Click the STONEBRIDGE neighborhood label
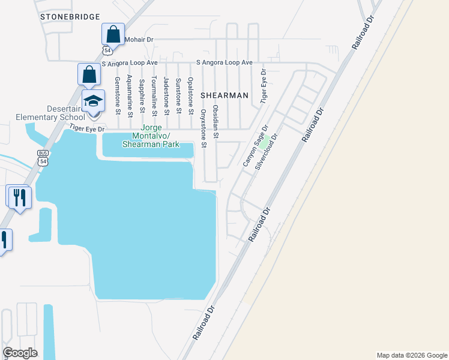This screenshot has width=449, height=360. tap(70, 17)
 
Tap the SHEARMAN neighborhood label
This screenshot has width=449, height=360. tap(224, 95)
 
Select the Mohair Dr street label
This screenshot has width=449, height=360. tap(139, 40)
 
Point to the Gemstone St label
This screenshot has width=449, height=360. tap(118, 95)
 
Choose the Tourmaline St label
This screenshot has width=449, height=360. tap(154, 96)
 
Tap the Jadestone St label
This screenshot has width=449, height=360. tap(166, 95)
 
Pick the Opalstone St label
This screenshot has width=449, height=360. tap(191, 96)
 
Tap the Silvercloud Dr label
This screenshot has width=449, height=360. tap(267, 152)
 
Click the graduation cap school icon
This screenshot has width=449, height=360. tap(93, 101)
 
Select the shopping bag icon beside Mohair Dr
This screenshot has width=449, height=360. tap(113, 35)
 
